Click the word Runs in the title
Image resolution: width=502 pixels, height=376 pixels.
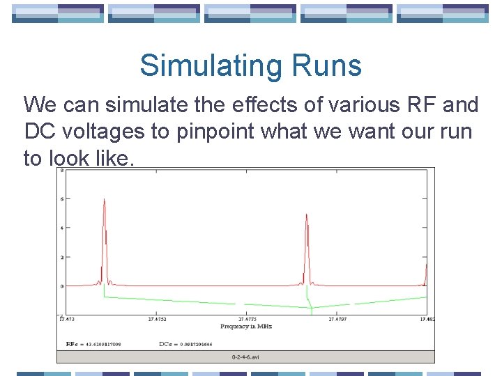click(x=330, y=66)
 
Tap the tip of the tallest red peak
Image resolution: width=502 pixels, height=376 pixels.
click(x=105, y=198)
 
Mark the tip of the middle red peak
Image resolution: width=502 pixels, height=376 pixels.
click(x=307, y=214)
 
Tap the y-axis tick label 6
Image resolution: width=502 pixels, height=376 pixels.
click(x=62, y=198)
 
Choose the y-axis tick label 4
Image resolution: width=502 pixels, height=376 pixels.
click(x=62, y=228)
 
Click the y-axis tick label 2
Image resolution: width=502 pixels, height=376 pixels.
click(x=62, y=257)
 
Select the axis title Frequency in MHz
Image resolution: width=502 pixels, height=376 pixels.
click(x=246, y=327)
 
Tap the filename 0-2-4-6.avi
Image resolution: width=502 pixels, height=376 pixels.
click(x=246, y=357)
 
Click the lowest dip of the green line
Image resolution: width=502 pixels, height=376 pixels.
click(x=311, y=308)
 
